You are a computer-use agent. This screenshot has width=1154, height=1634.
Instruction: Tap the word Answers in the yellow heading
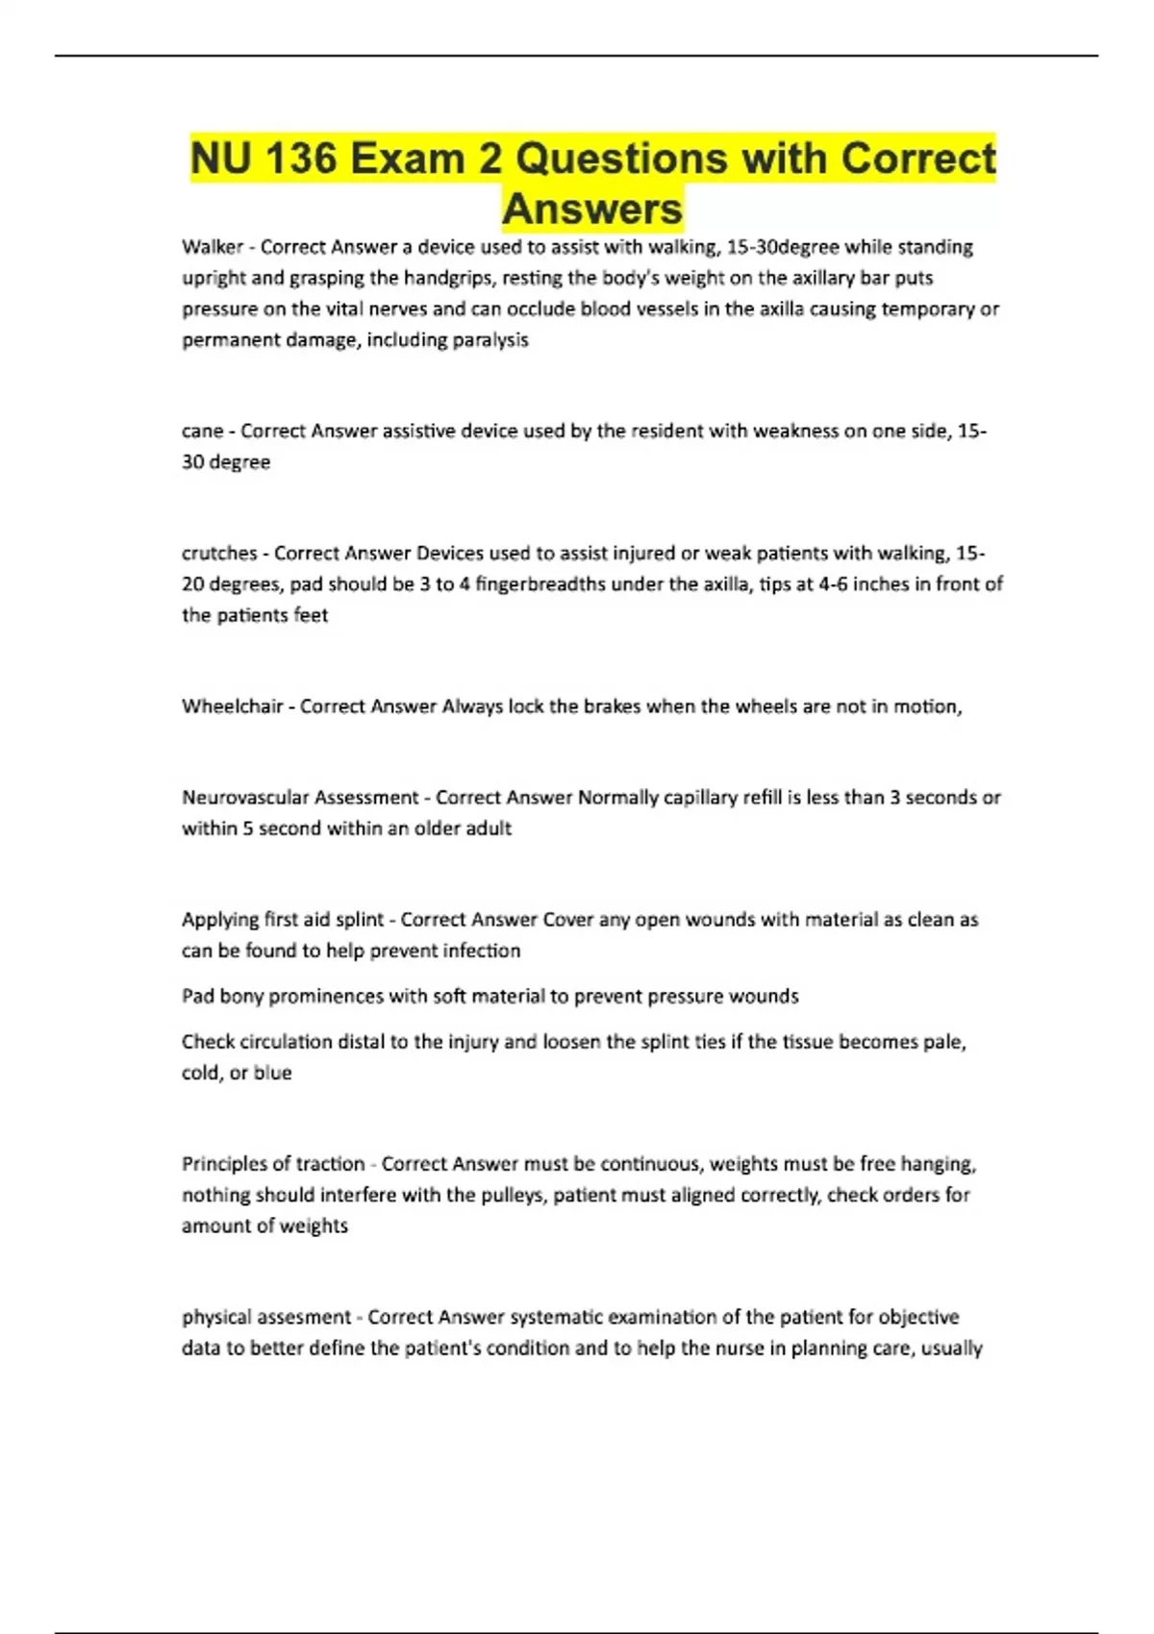pyautogui.click(x=592, y=209)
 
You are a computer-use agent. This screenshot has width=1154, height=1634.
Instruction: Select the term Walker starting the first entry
pyautogui.click(x=212, y=247)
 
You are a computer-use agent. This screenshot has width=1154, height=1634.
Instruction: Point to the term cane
pyautogui.click(x=202, y=432)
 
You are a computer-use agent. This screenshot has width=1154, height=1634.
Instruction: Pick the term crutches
pyautogui.click(x=219, y=554)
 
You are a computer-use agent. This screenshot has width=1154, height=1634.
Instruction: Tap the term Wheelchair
pyautogui.click(x=232, y=706)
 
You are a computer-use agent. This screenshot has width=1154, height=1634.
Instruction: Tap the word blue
pyautogui.click(x=272, y=1073)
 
